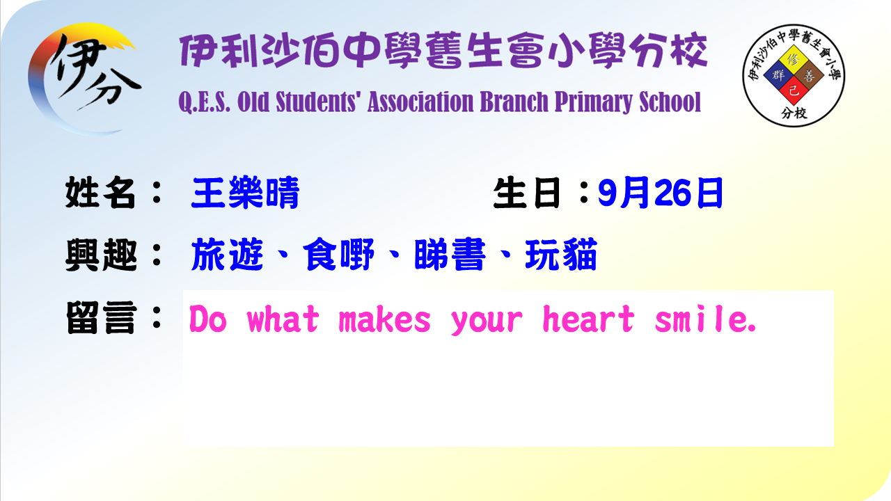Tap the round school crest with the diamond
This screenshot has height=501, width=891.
pyautogui.click(x=794, y=76)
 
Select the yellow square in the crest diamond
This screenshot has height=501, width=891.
pyautogui.click(x=794, y=61)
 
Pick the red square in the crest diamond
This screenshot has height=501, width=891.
pyautogui.click(x=794, y=90)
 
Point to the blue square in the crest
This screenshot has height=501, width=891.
pyautogui.click(x=778, y=76)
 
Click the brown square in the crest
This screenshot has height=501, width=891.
pyautogui.click(x=809, y=76)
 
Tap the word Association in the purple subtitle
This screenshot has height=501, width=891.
pyautogui.click(x=420, y=102)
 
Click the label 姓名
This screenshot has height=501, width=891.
pyautogui.click(x=100, y=193)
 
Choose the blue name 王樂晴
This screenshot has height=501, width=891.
pyautogui.click(x=245, y=193)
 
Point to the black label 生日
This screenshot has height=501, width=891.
pyautogui.click(x=527, y=193)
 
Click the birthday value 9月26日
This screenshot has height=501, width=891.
pyautogui.click(x=661, y=193)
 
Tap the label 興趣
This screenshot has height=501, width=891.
pyautogui.click(x=101, y=255)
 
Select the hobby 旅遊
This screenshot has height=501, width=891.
pyautogui.click(x=227, y=255)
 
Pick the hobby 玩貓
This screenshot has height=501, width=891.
pyautogui.click(x=561, y=255)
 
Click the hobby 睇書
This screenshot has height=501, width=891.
pyautogui.click(x=450, y=255)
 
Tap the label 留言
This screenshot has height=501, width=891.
pyautogui.click(x=101, y=318)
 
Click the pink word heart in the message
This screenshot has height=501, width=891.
pyautogui.click(x=589, y=319)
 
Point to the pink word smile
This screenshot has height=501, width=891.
pyautogui.click(x=706, y=319)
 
